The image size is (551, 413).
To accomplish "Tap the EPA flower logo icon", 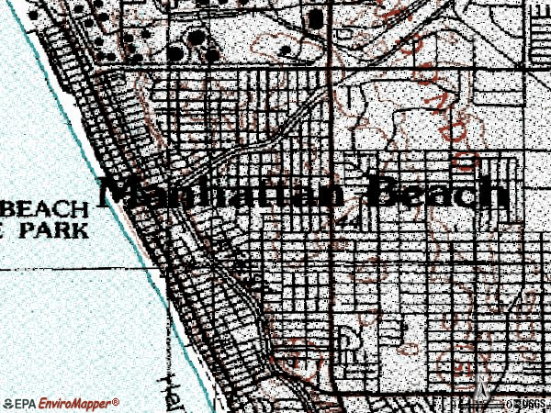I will click(x=8, y=403).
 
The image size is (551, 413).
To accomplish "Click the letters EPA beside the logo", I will click(x=26, y=403).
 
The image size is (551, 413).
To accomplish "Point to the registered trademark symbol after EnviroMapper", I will click(x=116, y=400).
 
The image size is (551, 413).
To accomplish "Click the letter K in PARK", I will click(x=82, y=229).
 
